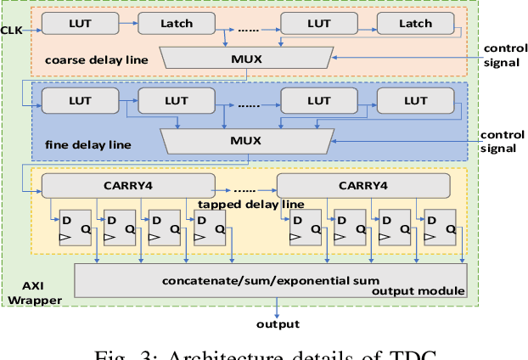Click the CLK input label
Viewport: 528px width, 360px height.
point(12,31)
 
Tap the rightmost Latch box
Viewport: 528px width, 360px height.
point(415,24)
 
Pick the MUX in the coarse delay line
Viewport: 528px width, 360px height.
point(247,58)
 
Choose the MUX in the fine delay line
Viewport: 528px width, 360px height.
point(247,140)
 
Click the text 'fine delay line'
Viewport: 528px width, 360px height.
point(88,144)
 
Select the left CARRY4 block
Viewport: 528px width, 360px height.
point(128,185)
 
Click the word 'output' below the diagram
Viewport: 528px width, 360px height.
point(278,323)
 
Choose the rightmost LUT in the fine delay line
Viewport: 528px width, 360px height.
point(415,101)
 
